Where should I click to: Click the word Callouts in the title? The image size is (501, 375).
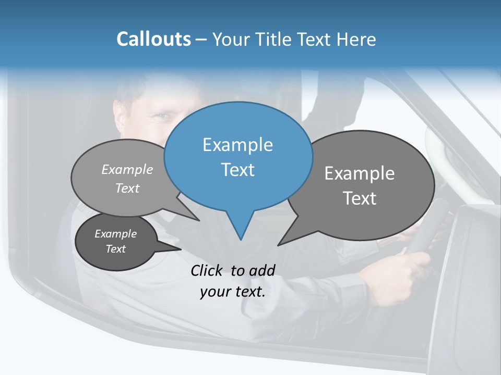point(153,39)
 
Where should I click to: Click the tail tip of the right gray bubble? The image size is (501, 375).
point(279,244)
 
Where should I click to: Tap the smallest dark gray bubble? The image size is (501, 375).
point(116,242)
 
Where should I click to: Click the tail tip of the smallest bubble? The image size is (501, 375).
point(180,249)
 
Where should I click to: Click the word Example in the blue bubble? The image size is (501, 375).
point(237,145)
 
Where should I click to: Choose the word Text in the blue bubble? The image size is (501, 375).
point(238,170)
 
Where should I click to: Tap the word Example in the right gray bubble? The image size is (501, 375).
point(360,173)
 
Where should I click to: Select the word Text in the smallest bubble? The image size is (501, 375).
point(116,249)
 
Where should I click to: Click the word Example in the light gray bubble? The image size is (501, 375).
point(127,169)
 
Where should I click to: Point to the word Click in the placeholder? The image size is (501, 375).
point(207,270)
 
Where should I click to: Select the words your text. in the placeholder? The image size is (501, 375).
point(233,292)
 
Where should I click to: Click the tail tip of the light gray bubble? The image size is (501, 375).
point(199,220)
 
